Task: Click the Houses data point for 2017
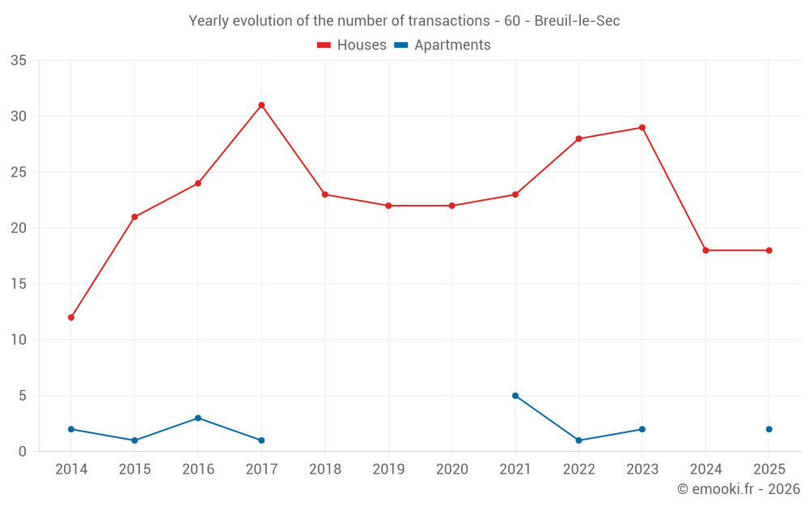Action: click(261, 105)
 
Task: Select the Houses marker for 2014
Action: click(71, 317)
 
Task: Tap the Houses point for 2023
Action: click(642, 128)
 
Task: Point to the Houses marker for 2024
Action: click(705, 250)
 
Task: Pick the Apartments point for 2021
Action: click(515, 396)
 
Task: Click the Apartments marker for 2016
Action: click(198, 418)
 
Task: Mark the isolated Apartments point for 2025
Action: click(769, 429)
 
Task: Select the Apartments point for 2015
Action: click(134, 440)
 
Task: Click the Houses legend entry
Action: click(351, 45)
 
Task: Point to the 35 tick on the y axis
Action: click(19, 61)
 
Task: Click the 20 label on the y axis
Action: click(19, 228)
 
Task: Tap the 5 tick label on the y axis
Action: click(23, 396)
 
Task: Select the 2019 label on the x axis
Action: click(388, 470)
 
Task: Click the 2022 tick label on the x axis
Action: click(578, 470)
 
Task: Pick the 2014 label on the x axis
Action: click(71, 470)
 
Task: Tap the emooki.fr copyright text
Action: click(738, 489)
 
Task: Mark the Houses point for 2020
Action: click(451, 206)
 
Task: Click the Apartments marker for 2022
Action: click(578, 440)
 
